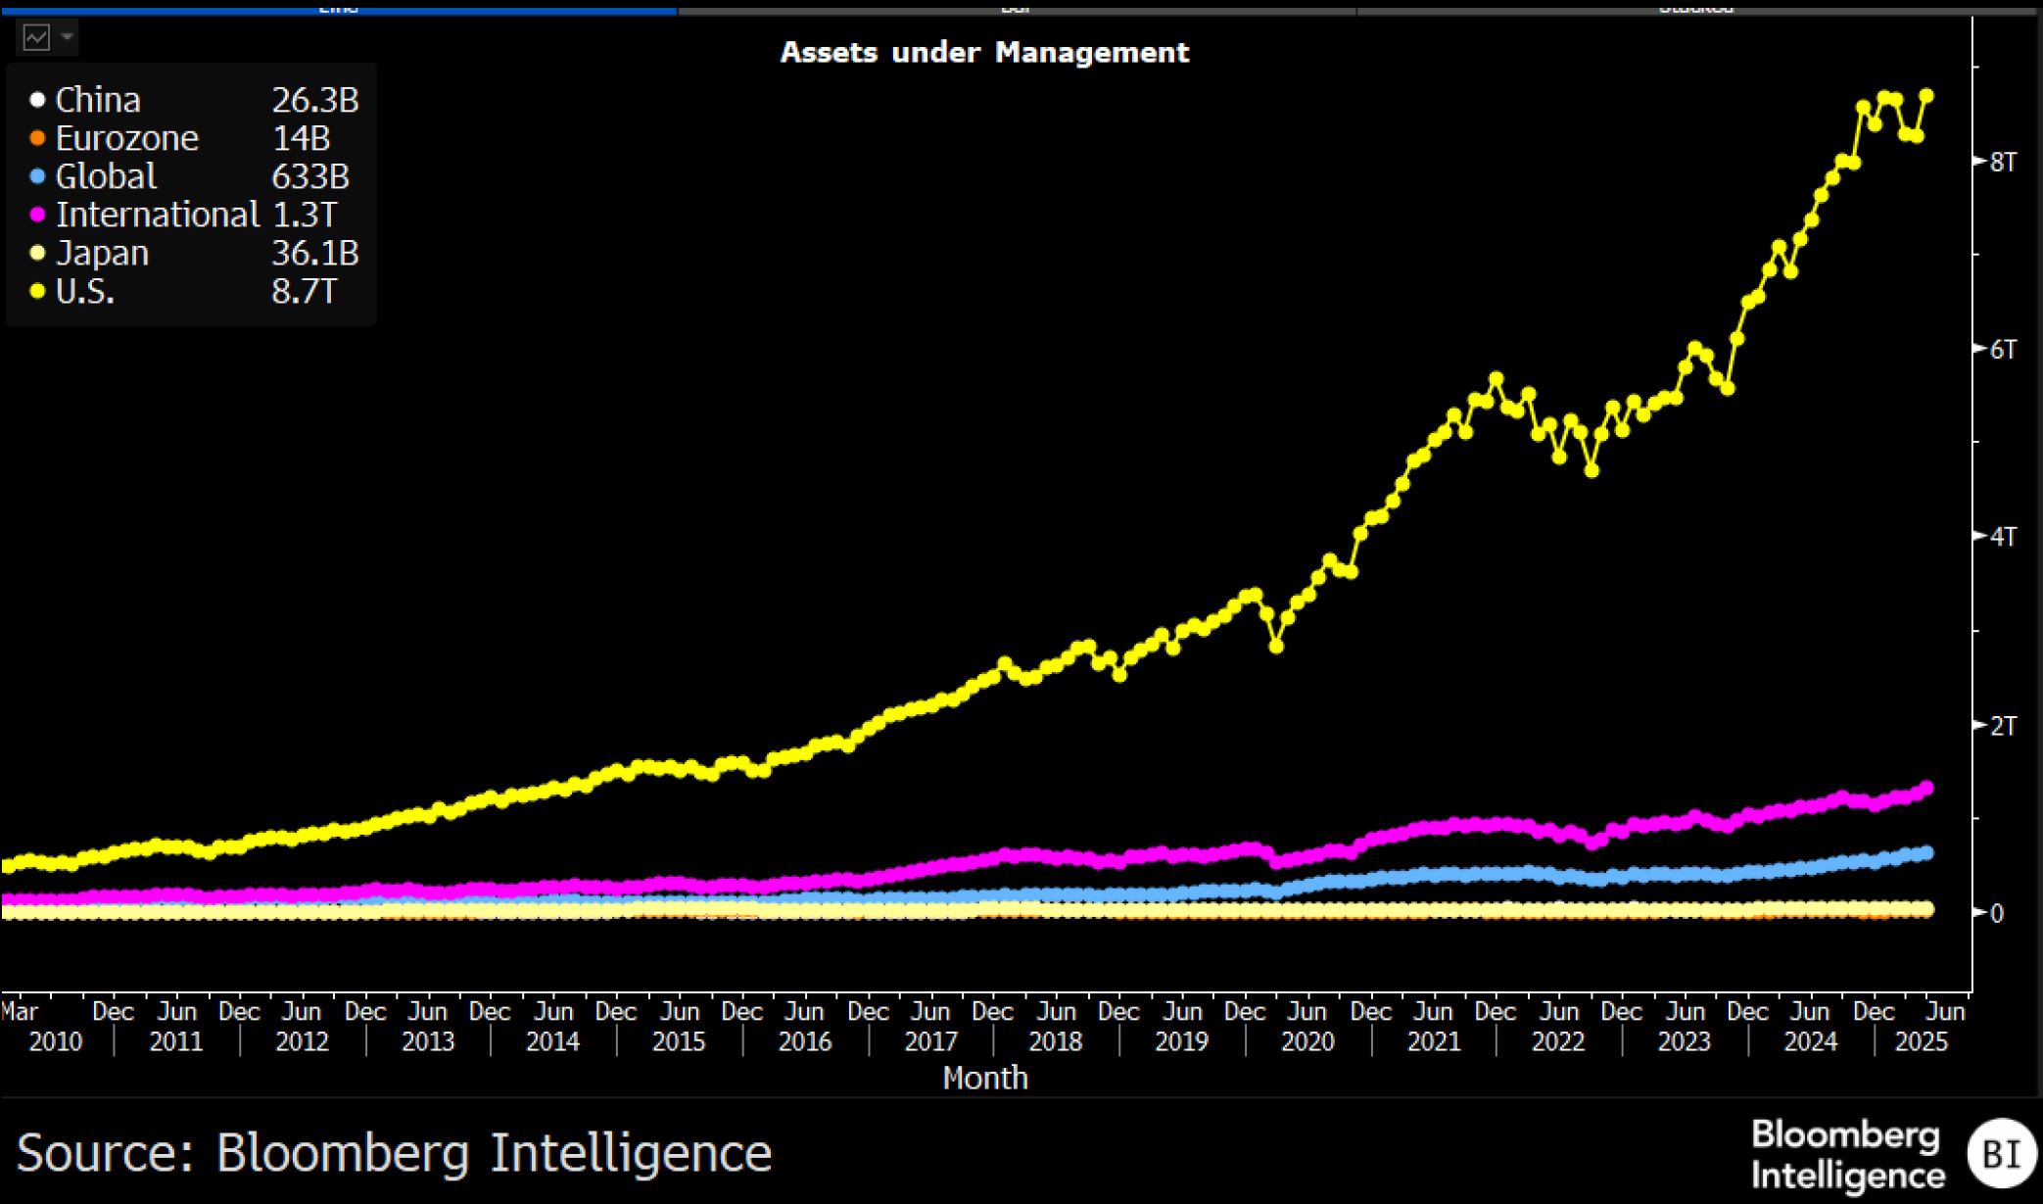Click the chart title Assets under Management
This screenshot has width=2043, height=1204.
[x=984, y=52]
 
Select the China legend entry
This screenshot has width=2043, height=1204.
[x=97, y=100]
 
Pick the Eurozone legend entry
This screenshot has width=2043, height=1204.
[x=126, y=138]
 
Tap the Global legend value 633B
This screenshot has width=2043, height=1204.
[x=309, y=176]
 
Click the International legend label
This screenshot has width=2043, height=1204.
[x=157, y=215]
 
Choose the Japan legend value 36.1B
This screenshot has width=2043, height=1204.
[x=314, y=253]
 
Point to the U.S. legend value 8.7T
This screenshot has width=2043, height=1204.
[x=304, y=291]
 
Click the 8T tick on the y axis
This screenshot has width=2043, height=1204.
[x=2003, y=162]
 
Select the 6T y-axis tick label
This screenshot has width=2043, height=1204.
[x=2003, y=350]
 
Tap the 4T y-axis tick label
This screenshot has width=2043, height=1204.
[x=2003, y=537]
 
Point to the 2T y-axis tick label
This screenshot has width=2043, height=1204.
[x=2003, y=726]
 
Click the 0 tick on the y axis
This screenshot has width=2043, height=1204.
[x=1997, y=913]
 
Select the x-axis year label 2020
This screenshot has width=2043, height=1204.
[x=1307, y=1041]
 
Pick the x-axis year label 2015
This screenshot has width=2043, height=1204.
[x=679, y=1041]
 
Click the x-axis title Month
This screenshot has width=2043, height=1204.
[x=985, y=1078]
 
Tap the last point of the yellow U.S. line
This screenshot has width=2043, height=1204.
[x=1926, y=96]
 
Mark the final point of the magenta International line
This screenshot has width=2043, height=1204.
[x=1927, y=788]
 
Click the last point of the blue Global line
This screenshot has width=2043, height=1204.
[x=1927, y=853]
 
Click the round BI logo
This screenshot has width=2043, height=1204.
[x=2001, y=1154]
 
